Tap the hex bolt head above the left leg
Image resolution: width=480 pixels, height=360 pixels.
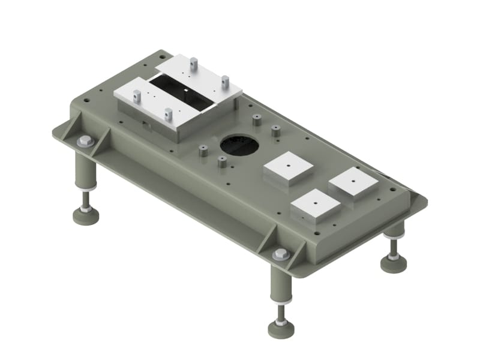(85, 142)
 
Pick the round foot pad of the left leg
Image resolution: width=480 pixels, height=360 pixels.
(86, 215)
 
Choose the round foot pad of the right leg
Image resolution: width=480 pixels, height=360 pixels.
(394, 263)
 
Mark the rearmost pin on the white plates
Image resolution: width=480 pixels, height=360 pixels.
(194, 62)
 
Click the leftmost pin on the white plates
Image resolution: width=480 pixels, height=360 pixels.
(137, 95)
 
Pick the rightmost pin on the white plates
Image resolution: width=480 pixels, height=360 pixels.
(225, 81)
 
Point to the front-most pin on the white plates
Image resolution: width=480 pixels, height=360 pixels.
(169, 113)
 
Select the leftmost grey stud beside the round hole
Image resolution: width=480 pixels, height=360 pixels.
(203, 151)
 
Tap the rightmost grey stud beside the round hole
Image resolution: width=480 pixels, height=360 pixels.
(275, 131)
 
